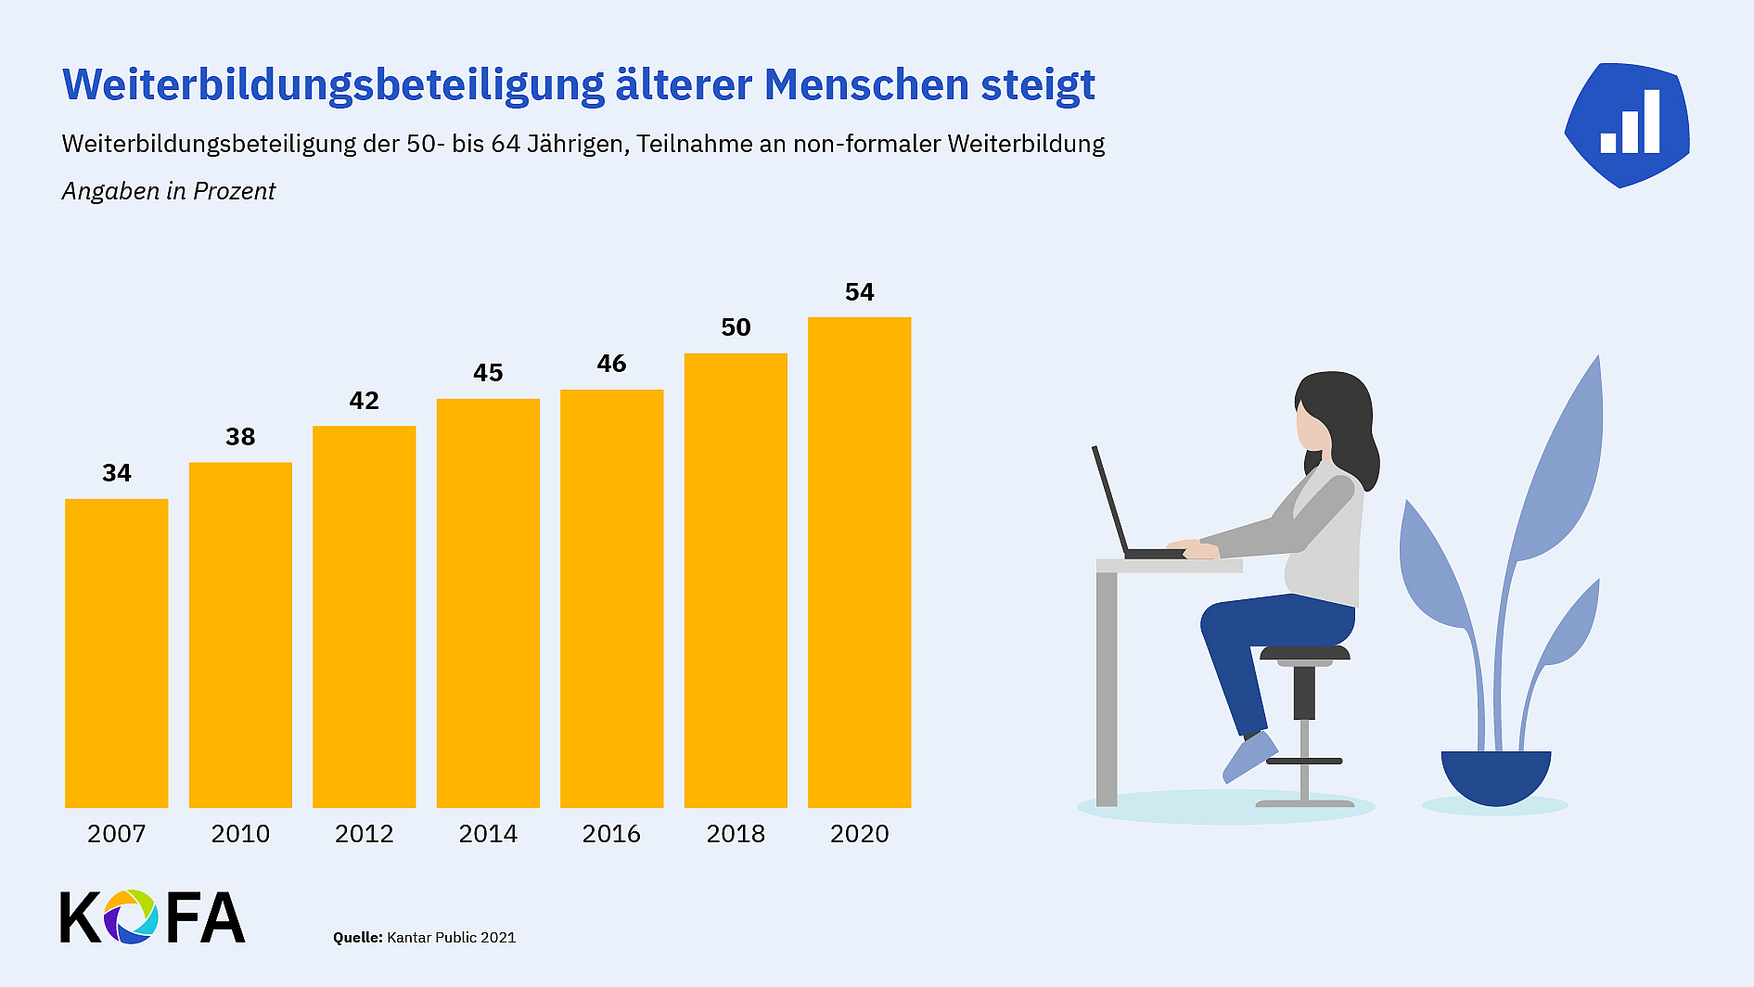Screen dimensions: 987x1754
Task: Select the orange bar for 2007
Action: pos(117,653)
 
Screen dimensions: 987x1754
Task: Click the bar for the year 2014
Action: pos(488,603)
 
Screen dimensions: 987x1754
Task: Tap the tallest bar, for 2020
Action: pos(859,562)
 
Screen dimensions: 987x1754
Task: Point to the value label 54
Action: pos(859,292)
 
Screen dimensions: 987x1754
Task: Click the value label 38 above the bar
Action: pos(240,437)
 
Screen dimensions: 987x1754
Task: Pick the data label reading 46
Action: pos(611,364)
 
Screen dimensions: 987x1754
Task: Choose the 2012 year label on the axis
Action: pos(364,833)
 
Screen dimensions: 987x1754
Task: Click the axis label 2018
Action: pos(736,833)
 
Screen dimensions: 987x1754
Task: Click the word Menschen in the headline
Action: pos(866,85)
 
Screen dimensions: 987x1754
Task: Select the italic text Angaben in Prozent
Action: pos(169,191)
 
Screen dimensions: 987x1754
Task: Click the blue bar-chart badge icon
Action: pos(1628,125)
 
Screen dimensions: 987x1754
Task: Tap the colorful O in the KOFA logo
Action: pos(130,916)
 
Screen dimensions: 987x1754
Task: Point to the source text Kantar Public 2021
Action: pos(451,937)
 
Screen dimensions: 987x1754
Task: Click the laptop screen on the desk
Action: pos(1110,501)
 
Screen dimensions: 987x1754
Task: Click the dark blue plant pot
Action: pos(1495,775)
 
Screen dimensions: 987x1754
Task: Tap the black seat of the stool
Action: pos(1304,653)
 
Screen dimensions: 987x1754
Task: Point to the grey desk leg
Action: pos(1107,686)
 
